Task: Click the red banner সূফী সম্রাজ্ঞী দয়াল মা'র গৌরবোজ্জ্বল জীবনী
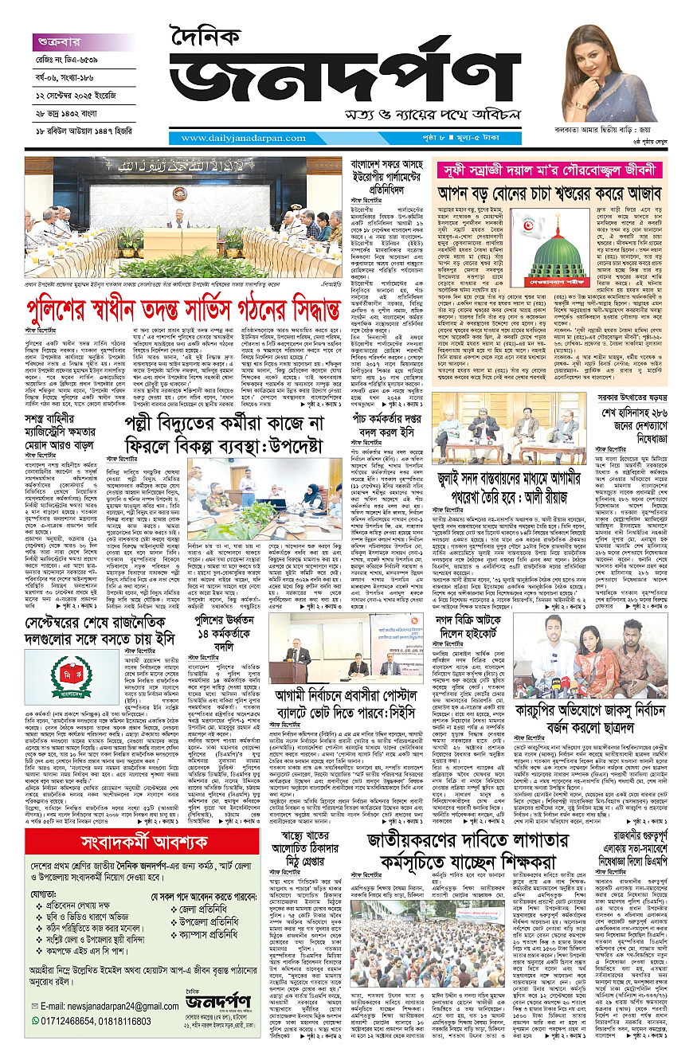click(550, 169)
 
